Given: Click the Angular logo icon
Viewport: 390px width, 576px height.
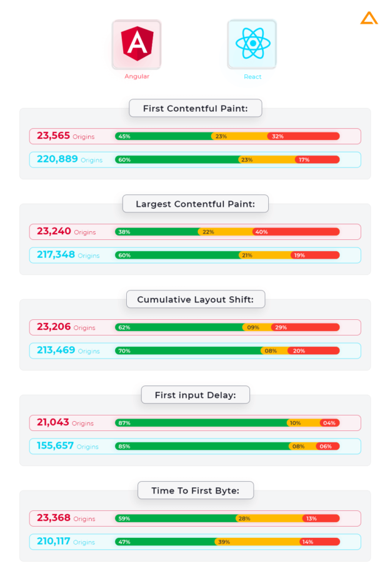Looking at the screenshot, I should click(136, 44).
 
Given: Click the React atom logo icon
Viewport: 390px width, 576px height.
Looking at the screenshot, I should click(252, 44).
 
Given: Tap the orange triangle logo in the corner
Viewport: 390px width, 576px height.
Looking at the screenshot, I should click(369, 18).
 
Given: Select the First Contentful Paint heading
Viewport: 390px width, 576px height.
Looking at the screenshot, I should click(195, 108).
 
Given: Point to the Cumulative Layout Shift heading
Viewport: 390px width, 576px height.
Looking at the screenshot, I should click(195, 299).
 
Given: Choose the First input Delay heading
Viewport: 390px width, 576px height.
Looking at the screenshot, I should click(194, 395).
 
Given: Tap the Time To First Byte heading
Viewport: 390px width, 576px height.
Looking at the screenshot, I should click(195, 490).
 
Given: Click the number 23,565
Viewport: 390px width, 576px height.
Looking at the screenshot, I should click(53, 136).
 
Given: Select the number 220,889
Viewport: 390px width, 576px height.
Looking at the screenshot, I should click(57, 159).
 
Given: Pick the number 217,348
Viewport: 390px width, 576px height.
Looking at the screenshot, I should click(56, 255).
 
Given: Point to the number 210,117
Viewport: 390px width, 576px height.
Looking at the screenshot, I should click(54, 542).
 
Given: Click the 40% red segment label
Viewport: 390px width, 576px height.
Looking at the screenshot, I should click(261, 232).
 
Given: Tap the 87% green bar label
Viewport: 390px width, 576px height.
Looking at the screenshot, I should click(124, 423).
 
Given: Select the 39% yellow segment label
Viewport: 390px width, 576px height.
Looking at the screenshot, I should click(224, 542).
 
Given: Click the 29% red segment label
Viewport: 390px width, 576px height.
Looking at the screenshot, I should click(281, 327).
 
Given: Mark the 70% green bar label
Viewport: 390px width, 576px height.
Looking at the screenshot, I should click(124, 351).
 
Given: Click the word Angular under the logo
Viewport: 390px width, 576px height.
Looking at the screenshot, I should click(136, 77).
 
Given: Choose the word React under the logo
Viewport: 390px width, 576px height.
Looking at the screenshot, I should click(252, 77).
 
